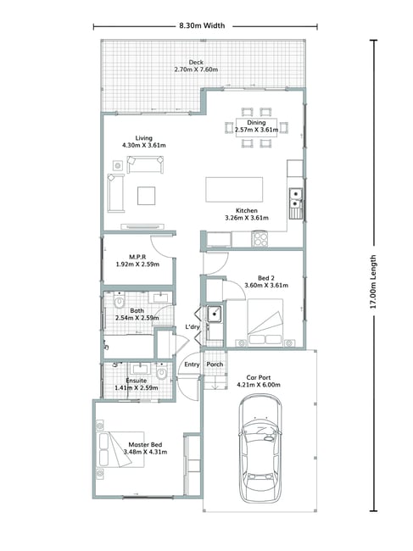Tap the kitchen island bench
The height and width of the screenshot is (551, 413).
[234, 190]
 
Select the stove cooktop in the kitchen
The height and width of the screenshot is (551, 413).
[260, 239]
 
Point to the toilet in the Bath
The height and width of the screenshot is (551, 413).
[120, 301]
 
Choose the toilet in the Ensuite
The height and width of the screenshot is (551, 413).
[161, 372]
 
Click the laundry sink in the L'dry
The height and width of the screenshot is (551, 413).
[214, 314]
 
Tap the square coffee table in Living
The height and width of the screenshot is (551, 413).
[146, 196]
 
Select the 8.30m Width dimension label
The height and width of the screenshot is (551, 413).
[202, 25]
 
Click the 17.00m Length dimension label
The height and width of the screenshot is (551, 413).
[373, 281]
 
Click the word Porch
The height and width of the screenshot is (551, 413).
[215, 364]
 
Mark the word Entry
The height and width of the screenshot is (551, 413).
[192, 365]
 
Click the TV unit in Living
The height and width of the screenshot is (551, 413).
[142, 226]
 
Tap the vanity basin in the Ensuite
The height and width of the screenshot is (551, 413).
[141, 369]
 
